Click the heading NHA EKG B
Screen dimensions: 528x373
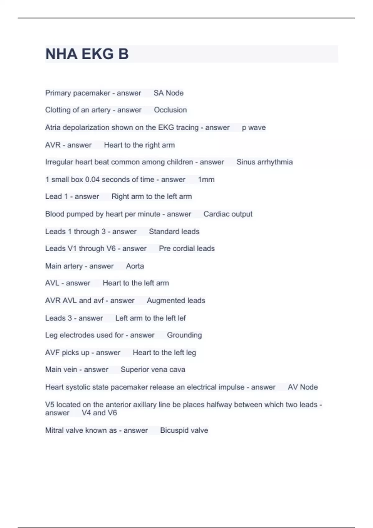[x=87, y=54]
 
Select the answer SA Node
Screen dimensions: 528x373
[x=168, y=93]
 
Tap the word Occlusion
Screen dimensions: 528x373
[x=170, y=110]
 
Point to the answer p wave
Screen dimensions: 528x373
[x=254, y=128]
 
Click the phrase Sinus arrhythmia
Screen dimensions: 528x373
[x=265, y=162]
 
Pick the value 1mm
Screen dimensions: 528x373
[x=206, y=180]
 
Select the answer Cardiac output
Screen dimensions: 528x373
[x=228, y=214]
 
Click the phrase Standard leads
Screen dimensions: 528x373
[x=174, y=231]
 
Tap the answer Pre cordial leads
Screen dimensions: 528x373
[x=187, y=248]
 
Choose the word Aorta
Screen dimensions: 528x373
[x=135, y=266]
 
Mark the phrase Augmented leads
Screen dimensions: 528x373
[x=176, y=301]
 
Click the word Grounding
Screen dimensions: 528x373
[x=184, y=335]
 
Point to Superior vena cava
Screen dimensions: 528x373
[x=153, y=370]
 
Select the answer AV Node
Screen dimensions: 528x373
[x=303, y=387]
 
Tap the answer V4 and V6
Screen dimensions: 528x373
[x=99, y=413]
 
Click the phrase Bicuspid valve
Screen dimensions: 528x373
[x=184, y=430]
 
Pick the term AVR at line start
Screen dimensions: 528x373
[x=53, y=145]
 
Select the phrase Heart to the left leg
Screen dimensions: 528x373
[x=164, y=353]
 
